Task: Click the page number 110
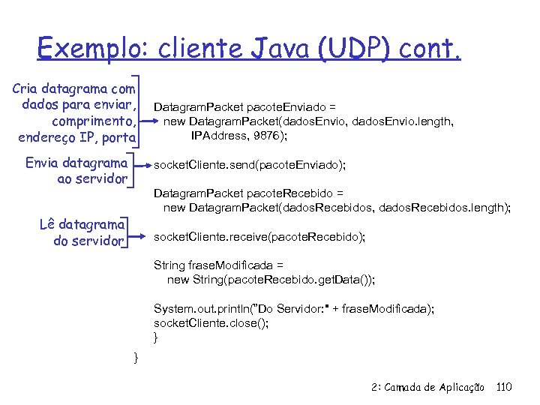tap(504, 387)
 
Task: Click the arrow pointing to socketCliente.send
tap(142, 163)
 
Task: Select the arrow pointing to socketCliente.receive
tap(142, 236)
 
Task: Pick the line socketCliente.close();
tap(211, 323)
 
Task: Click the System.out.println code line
tap(293, 309)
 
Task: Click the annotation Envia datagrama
tap(76, 163)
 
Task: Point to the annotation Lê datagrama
tap(82, 224)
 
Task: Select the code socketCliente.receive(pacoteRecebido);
tap(259, 237)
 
